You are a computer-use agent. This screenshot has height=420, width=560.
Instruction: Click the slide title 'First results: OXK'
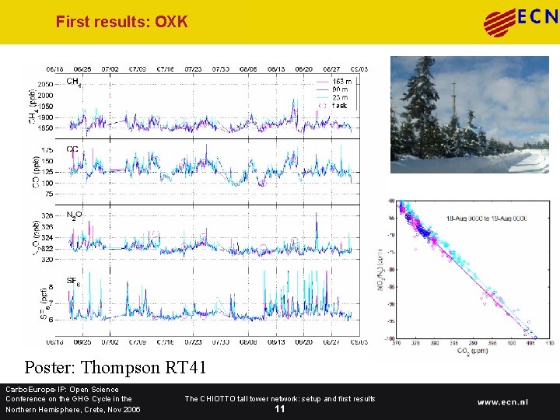(x=121, y=22)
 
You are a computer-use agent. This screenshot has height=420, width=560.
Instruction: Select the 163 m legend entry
(x=341, y=82)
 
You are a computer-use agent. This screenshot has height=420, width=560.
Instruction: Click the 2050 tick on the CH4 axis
(x=46, y=84)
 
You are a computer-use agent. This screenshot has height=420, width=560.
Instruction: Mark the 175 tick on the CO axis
(x=48, y=149)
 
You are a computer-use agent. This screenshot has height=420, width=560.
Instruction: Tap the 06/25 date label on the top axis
(x=82, y=69)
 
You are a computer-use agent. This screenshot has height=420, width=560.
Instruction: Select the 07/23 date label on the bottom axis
(x=193, y=341)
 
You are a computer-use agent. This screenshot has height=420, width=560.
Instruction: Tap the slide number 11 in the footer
(x=279, y=409)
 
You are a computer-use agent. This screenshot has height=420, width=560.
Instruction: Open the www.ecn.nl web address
(x=502, y=402)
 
